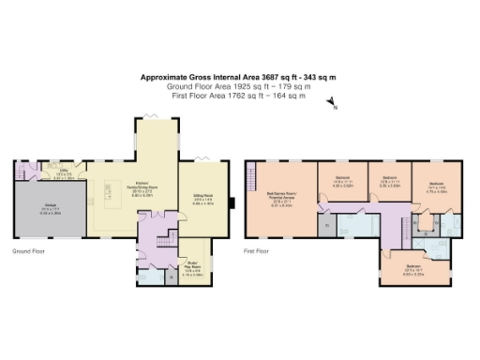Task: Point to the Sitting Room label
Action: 204,200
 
